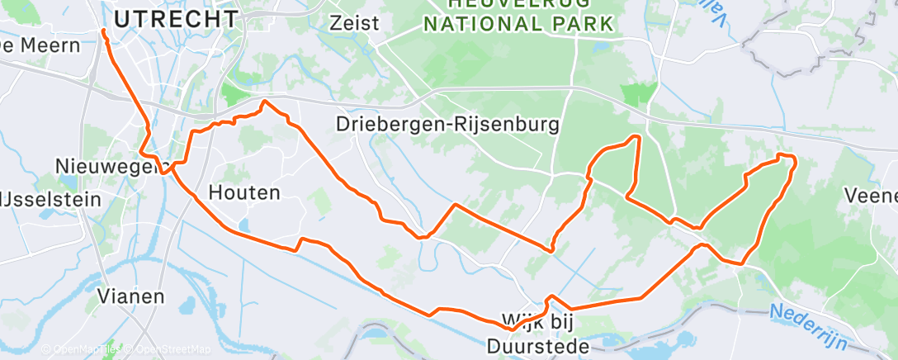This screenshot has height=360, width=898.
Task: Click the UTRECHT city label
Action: coord(176,19)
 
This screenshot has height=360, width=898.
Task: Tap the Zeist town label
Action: coord(353,22)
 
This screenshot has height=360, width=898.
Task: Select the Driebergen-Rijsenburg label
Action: coord(448,125)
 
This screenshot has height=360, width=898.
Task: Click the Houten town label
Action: coord(244,193)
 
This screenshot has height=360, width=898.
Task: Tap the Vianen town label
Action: coord(130,296)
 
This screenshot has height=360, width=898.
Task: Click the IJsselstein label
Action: coord(50,199)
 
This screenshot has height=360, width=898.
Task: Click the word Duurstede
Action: coord(538,346)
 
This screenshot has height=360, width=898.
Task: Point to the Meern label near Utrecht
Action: coord(46,45)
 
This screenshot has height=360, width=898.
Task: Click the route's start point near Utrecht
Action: coord(104,31)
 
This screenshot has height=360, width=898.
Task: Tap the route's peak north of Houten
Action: coord(264,102)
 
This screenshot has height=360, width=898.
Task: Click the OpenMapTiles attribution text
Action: coord(79,350)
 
